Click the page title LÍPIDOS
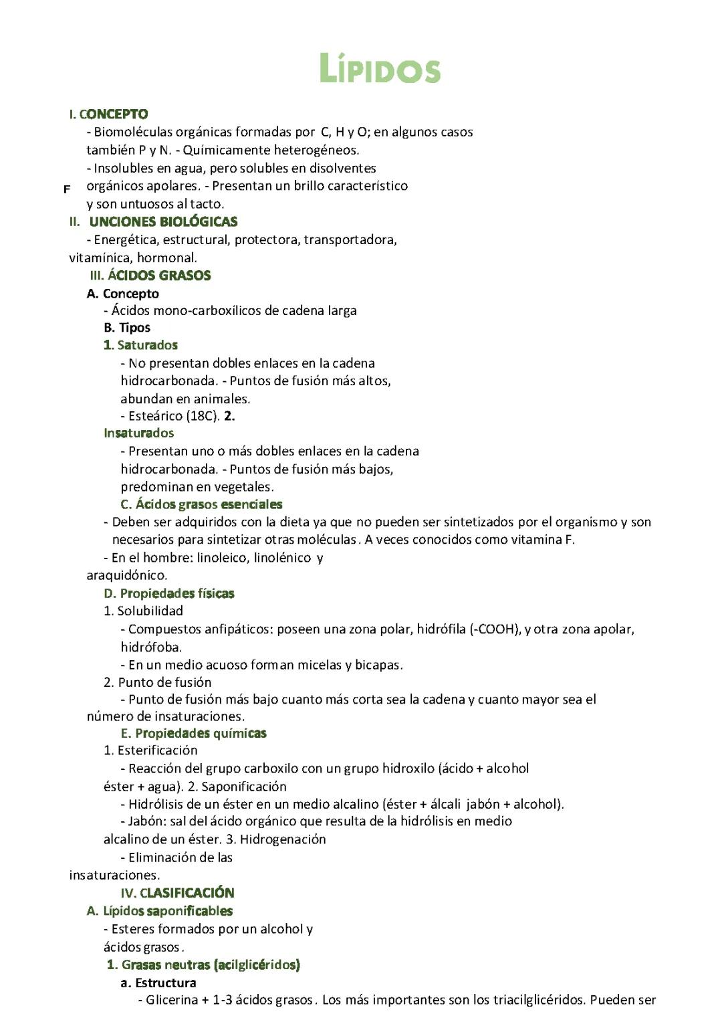pyautogui.click(x=380, y=70)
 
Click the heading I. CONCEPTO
pyautogui.click(x=109, y=114)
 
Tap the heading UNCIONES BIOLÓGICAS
pyautogui.click(x=163, y=222)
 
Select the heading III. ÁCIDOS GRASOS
pyautogui.click(x=150, y=276)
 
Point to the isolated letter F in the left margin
pyautogui.click(x=67, y=189)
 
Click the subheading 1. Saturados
pyautogui.click(x=140, y=345)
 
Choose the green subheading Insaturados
pyautogui.click(x=138, y=433)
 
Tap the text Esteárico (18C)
pyautogui.click(x=174, y=416)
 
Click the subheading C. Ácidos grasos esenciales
pyautogui.click(x=201, y=504)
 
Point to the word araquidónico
pyautogui.click(x=127, y=575)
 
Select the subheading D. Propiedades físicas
pyautogui.click(x=169, y=593)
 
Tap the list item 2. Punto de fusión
pyautogui.click(x=157, y=682)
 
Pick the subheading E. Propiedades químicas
pyautogui.click(x=193, y=733)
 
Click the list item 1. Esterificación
pyautogui.click(x=150, y=750)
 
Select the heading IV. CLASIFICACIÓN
pyautogui.click(x=177, y=893)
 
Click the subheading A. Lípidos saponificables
pyautogui.click(x=160, y=911)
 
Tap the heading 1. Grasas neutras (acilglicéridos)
pyautogui.click(x=203, y=964)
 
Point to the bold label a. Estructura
pyautogui.click(x=158, y=983)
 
